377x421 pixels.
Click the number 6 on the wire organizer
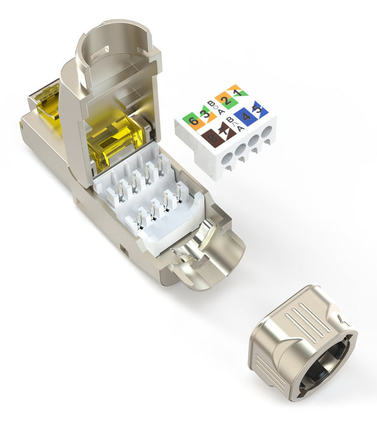click(x=192, y=120)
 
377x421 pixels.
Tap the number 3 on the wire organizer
click(x=205, y=113)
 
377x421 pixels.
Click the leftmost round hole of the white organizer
click(x=224, y=163)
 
